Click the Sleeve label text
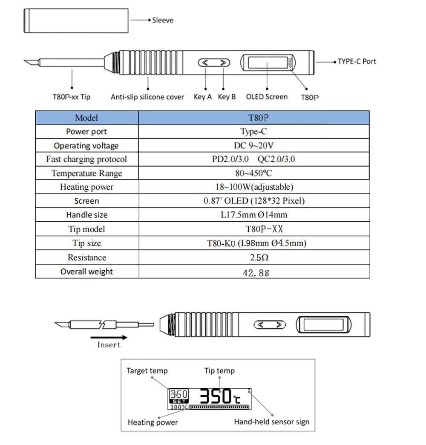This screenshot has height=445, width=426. tap(163, 20)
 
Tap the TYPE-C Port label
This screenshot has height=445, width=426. tap(357, 61)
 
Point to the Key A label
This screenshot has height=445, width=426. tap(202, 97)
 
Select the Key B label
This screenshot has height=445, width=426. tap(227, 97)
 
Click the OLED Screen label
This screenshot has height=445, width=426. tap(267, 97)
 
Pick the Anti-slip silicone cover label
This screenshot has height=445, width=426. tap(147, 97)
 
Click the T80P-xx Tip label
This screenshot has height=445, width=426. tap(72, 97)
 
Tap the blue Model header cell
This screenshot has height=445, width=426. tap(86, 118)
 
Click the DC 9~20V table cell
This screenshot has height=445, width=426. tap(254, 145)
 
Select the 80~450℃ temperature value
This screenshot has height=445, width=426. tap(254, 173)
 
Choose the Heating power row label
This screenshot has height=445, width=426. tap(86, 187)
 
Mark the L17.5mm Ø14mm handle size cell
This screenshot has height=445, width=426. tap(254, 215)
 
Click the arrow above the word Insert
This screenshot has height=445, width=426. tap(109, 336)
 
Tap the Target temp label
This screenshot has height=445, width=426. tap(147, 371)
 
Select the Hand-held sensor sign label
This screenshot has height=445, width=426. tap(272, 422)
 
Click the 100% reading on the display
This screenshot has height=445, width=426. tap(178, 407)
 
